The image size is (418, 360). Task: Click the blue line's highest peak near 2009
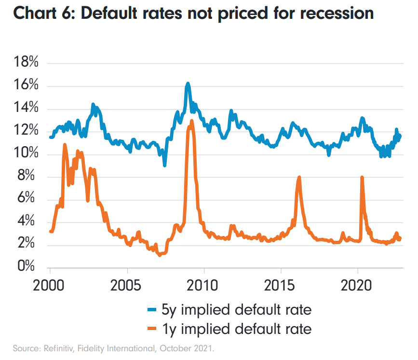click(x=188, y=84)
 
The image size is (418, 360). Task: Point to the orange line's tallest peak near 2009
click(x=191, y=121)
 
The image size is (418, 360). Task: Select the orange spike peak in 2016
click(x=299, y=177)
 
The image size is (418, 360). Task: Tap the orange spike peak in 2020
click(x=362, y=177)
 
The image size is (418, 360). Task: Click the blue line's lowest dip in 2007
click(x=165, y=165)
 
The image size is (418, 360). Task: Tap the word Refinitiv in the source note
click(x=50, y=347)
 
